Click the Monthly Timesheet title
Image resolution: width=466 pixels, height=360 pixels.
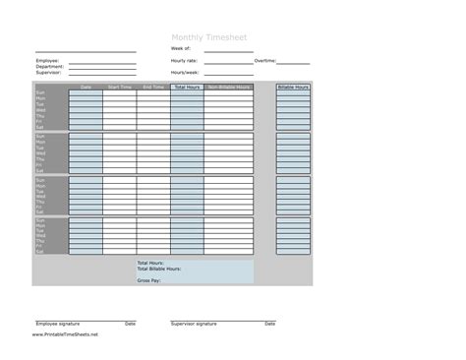click(x=209, y=37)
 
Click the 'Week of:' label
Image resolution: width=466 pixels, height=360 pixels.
click(x=181, y=47)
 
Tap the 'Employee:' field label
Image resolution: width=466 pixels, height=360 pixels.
click(x=48, y=60)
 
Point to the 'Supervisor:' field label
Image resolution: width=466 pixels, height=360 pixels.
click(x=50, y=72)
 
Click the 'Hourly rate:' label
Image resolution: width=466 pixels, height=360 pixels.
click(x=184, y=60)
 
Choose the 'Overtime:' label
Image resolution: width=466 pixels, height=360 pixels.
click(x=264, y=60)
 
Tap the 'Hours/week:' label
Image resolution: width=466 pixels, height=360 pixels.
click(x=184, y=72)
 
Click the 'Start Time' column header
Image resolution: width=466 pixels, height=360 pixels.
click(x=120, y=88)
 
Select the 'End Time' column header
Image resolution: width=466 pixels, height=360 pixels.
click(x=153, y=88)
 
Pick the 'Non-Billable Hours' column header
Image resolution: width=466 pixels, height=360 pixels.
click(x=228, y=88)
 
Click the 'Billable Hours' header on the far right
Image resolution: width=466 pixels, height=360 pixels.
click(x=293, y=88)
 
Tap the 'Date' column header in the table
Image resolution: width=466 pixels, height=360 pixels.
click(x=87, y=88)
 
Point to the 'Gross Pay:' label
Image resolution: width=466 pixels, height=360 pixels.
click(x=149, y=280)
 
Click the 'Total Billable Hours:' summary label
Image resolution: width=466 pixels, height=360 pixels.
click(x=159, y=269)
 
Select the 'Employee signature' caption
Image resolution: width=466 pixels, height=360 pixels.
click(x=58, y=324)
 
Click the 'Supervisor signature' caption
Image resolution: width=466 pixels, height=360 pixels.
click(x=194, y=324)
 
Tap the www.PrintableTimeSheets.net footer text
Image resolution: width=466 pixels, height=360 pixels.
click(x=65, y=334)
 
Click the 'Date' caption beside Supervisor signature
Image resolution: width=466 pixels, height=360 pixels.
click(x=269, y=324)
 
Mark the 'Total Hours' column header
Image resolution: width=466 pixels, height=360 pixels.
click(x=187, y=88)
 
